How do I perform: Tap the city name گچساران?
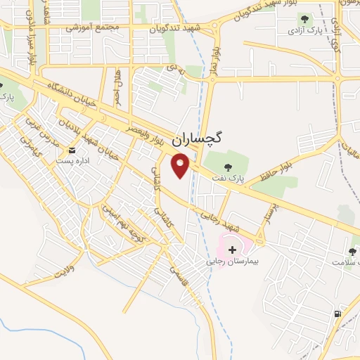point(196,138)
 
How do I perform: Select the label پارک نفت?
point(250,179)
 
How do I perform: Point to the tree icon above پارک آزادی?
point(304,19)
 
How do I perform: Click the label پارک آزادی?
point(304,32)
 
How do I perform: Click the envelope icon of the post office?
point(72,150)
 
